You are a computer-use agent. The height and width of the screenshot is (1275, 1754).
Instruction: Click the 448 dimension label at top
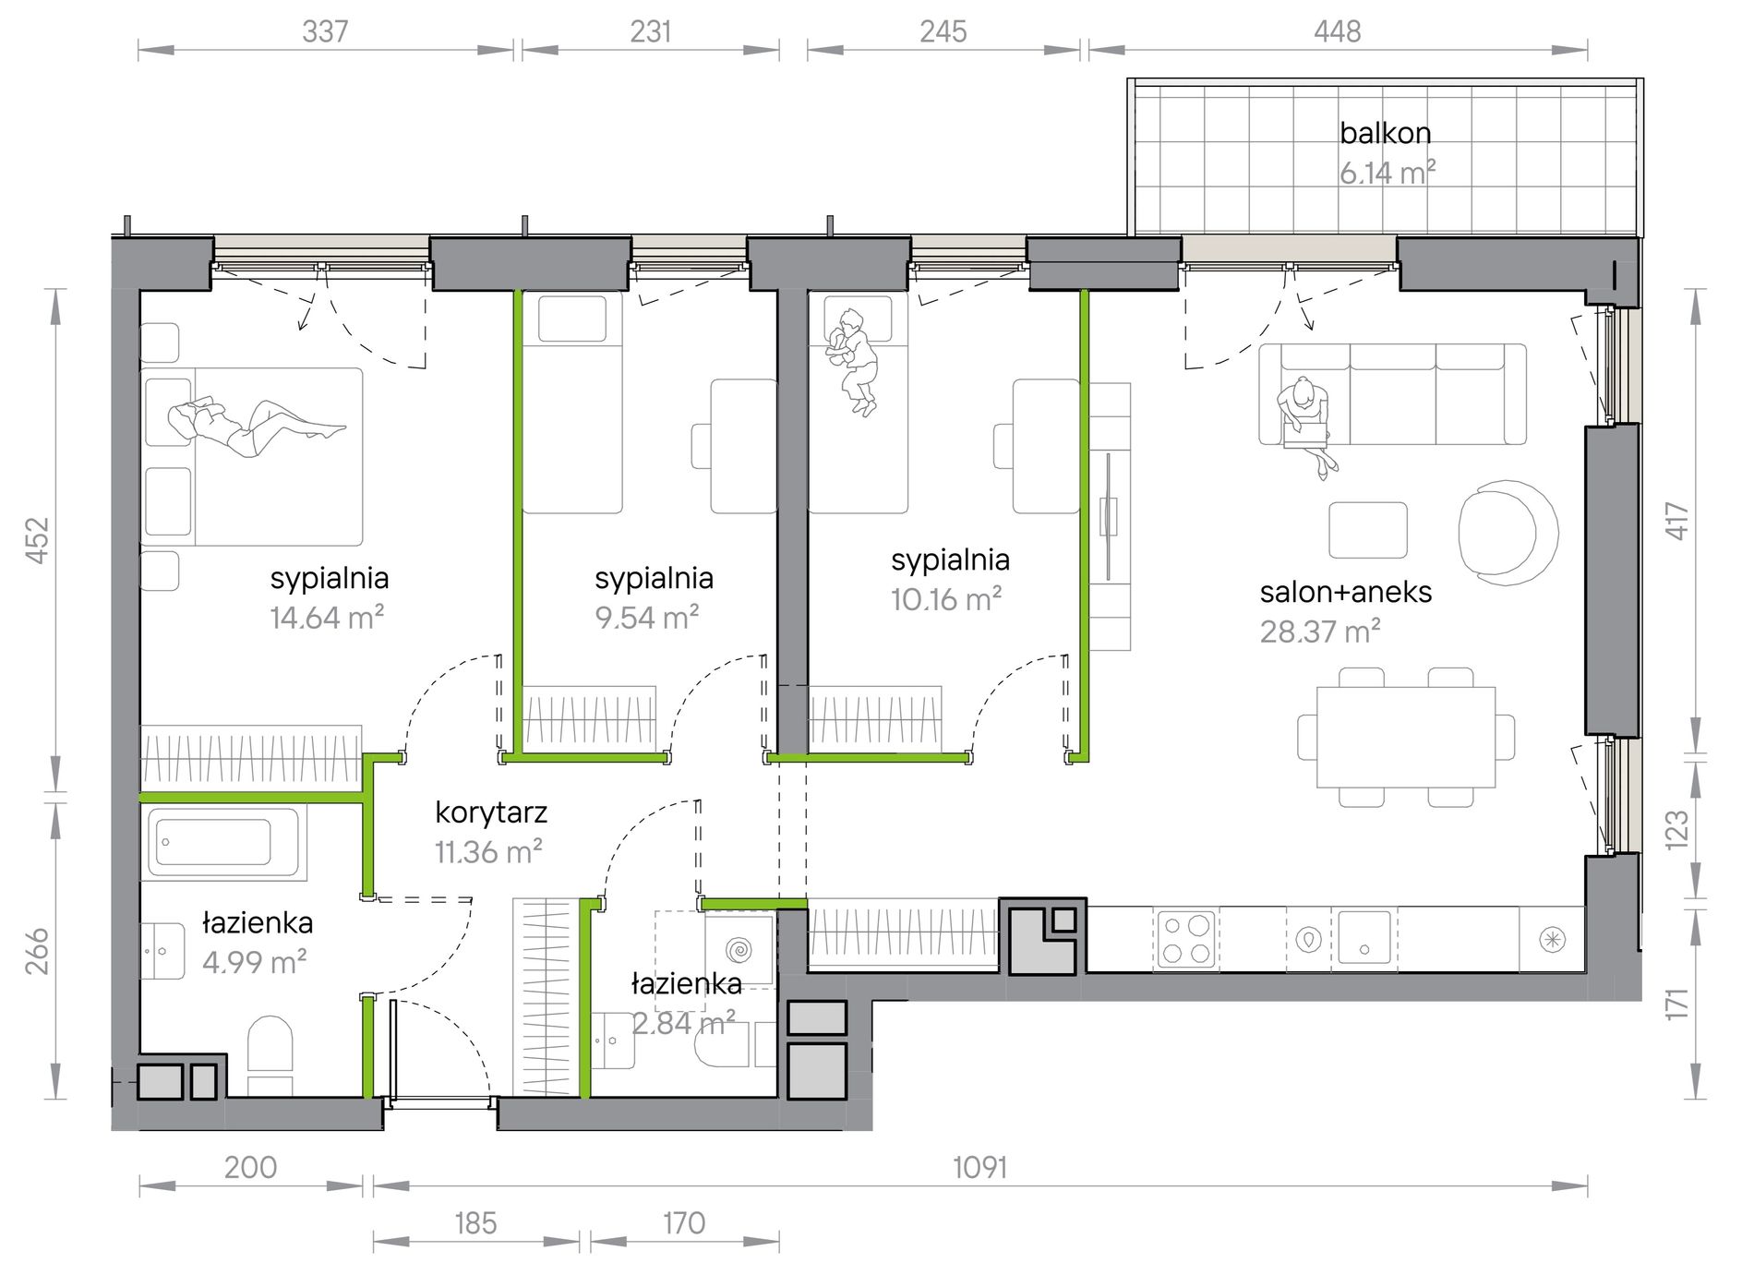click(1337, 31)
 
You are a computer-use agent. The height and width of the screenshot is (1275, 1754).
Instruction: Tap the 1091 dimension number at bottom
click(979, 1168)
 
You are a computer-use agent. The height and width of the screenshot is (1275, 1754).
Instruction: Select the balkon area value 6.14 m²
click(1388, 173)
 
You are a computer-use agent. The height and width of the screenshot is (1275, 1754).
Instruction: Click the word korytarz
click(491, 812)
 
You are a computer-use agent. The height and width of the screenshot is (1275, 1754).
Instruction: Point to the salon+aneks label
click(1346, 592)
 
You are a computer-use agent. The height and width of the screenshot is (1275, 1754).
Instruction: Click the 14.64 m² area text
click(327, 617)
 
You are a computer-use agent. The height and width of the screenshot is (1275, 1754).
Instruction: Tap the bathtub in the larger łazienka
click(223, 843)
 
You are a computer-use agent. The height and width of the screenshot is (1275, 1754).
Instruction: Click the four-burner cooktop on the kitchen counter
click(1186, 938)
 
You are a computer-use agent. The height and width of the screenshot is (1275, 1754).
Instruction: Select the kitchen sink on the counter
click(1364, 938)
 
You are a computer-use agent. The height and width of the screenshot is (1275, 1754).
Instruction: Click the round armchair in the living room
click(1508, 532)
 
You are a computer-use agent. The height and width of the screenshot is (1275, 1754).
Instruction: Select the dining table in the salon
click(1406, 737)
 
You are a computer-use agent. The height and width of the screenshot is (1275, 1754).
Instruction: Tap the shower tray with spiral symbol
click(739, 949)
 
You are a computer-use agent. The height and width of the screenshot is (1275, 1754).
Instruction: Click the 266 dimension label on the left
click(36, 951)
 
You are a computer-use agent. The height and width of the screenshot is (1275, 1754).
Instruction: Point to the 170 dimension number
click(684, 1223)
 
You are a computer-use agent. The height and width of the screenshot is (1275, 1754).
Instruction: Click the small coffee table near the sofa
click(1368, 530)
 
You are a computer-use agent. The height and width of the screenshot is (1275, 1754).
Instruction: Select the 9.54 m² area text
click(647, 617)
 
